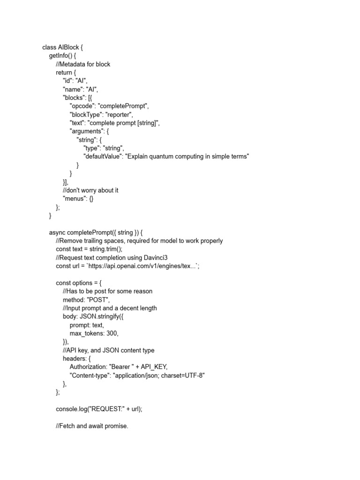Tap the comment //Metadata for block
pos(83,64)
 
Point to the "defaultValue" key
pos(102,157)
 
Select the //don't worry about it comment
pos(91,190)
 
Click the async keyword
pos(57,232)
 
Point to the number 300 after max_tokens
pos(112,333)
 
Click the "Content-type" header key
pos(92,375)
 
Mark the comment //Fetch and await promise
pos(92,426)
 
